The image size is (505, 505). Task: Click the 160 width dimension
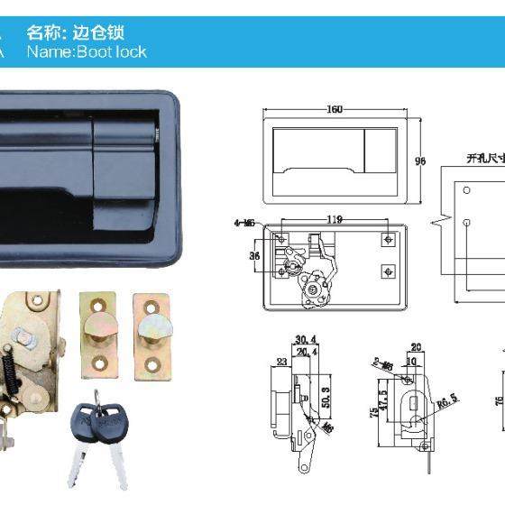(x=335, y=110)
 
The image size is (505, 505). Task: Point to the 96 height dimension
(x=419, y=161)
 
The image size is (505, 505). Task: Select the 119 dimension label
(x=334, y=218)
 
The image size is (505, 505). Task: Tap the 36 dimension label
(x=254, y=255)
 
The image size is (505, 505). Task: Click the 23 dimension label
(x=281, y=363)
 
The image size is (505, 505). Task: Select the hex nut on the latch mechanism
(x=30, y=340)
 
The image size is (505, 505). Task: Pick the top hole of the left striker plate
(x=98, y=305)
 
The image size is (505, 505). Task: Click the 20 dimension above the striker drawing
(x=416, y=346)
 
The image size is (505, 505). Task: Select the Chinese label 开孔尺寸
(x=483, y=157)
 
